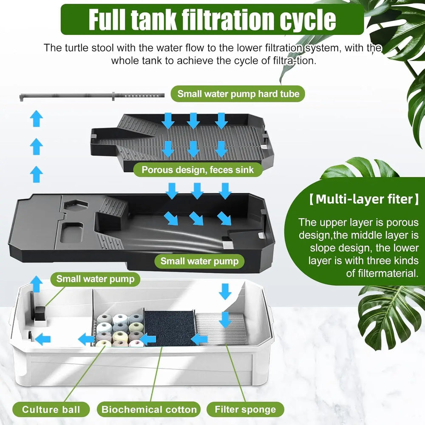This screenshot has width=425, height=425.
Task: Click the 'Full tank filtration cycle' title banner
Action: (x=212, y=19)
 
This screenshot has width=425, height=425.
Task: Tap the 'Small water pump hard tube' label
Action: (x=238, y=93)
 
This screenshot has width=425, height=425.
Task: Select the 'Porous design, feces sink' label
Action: (x=198, y=170)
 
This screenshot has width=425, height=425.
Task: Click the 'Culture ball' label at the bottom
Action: (x=51, y=410)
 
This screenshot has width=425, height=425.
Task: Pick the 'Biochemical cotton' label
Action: (x=149, y=410)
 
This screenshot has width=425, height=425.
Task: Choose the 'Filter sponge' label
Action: (x=245, y=410)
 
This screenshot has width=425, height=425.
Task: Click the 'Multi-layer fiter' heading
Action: (x=361, y=199)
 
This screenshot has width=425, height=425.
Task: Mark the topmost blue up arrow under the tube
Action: (x=37, y=118)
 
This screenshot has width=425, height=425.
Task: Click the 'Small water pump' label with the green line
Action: (x=95, y=279)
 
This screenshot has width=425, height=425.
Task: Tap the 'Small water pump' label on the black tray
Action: (x=199, y=261)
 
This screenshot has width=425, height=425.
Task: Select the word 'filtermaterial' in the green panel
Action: (x=382, y=273)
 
